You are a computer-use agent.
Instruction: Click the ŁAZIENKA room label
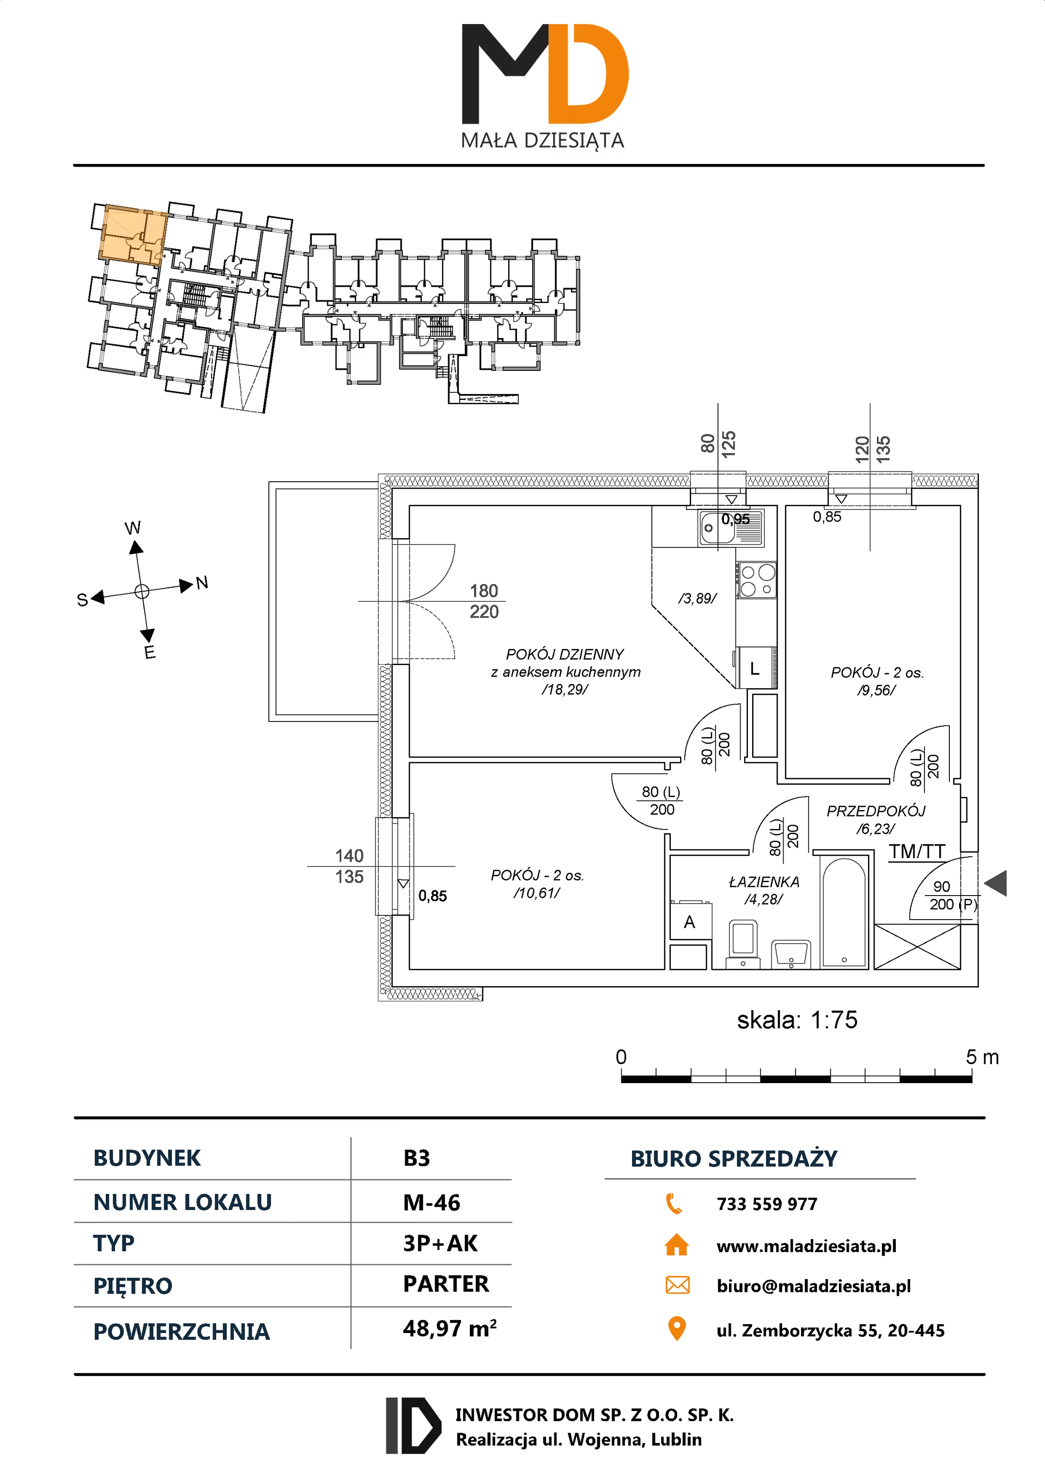764,882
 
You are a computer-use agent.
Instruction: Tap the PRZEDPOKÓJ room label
875,811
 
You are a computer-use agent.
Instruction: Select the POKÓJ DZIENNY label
565,654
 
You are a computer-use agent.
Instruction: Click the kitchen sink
731,527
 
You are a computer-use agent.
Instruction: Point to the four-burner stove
757,580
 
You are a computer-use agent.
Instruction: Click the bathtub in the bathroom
844,913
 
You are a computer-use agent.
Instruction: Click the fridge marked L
756,669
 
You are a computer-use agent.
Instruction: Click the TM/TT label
917,852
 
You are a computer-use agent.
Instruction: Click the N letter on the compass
202,582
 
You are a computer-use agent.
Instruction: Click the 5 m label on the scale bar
982,1057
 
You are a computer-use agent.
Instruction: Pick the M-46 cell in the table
431,1202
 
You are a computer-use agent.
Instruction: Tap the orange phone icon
674,1203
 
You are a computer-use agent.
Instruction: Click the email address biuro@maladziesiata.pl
813,1286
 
